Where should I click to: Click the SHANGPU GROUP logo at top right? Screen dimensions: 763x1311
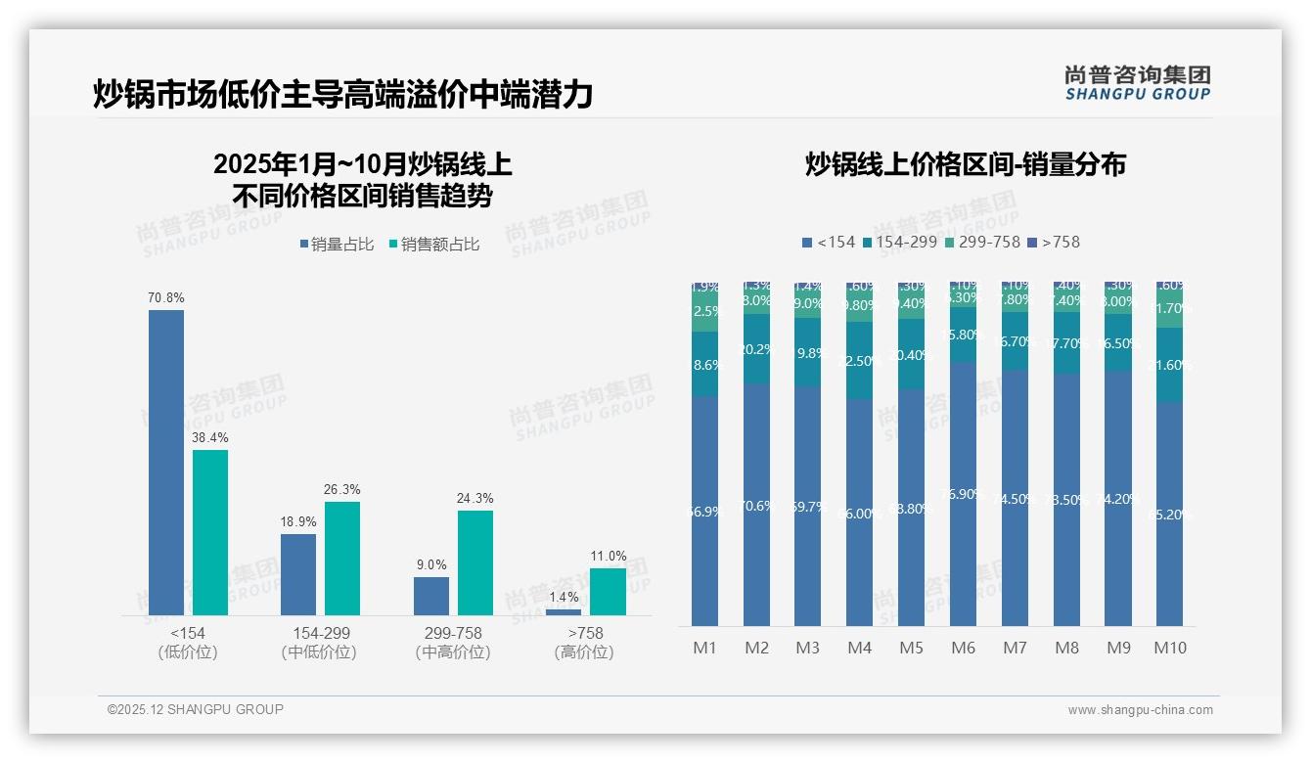[x=1137, y=82]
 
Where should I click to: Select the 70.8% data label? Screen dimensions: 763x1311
[x=166, y=297]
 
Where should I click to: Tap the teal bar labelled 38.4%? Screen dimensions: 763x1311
[x=210, y=532]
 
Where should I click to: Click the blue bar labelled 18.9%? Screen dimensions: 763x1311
[x=298, y=574]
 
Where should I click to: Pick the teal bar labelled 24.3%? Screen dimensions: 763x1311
[x=475, y=562]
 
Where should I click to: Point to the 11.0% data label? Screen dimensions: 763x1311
[x=608, y=557]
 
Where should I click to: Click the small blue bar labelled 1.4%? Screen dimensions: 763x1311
[x=564, y=612]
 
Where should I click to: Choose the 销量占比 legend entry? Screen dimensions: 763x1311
[x=337, y=245]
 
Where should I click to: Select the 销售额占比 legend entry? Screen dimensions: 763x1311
[x=434, y=245]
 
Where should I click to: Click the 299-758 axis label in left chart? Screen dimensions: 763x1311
[x=453, y=634]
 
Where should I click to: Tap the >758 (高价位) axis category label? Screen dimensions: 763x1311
[x=585, y=643]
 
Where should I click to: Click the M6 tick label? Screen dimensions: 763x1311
[x=964, y=648]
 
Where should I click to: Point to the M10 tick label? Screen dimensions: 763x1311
[x=1170, y=648]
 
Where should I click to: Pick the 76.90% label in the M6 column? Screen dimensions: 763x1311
[x=964, y=495]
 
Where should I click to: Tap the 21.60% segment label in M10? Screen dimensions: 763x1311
[x=1172, y=365]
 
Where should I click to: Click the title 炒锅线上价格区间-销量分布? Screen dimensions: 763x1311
[x=965, y=164]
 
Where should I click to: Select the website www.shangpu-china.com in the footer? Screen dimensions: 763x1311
[x=1140, y=710]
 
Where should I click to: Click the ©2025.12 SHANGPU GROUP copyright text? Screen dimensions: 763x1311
[x=196, y=709]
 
